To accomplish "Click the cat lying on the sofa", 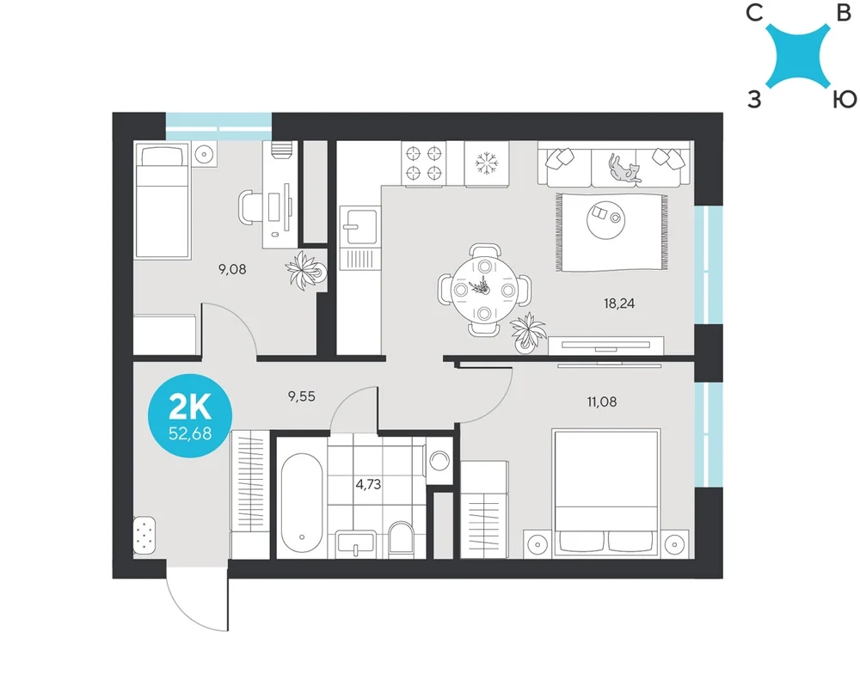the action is tap(624, 169).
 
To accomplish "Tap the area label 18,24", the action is tap(619, 304).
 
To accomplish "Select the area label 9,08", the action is tap(232, 269).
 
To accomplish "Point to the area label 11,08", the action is tap(602, 402).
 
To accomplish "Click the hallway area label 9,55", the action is tap(302, 396).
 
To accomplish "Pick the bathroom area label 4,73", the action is tap(368, 485).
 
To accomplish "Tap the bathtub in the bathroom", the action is tap(302, 502).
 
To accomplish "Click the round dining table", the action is tap(483, 290).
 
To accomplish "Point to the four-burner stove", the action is tap(423, 163).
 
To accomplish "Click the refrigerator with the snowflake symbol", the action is tap(487, 164).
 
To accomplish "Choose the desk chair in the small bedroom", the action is tap(250, 207).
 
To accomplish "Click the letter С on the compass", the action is tap(755, 12).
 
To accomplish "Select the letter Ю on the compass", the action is tap(845, 99).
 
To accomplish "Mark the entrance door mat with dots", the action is tap(144, 535).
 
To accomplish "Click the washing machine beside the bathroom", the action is tap(439, 461).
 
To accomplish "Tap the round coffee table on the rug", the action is tap(605, 218).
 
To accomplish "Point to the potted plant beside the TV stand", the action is tap(528, 331).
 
